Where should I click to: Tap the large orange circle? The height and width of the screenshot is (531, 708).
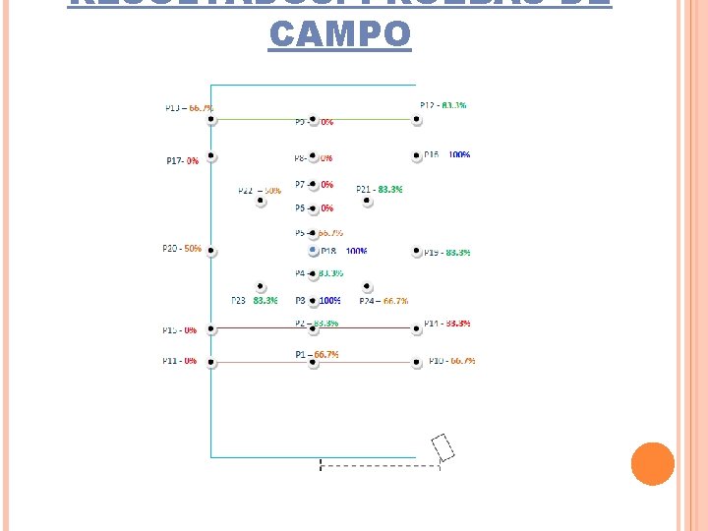pos(652,464)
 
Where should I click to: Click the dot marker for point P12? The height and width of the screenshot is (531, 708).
pos(417,120)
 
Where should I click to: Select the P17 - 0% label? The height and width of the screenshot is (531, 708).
pos(182,160)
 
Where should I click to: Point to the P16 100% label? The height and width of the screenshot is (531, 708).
pos(446,154)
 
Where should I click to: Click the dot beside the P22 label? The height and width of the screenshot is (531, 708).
pos(261,202)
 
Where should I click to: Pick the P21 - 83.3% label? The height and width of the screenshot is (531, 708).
pos(380,189)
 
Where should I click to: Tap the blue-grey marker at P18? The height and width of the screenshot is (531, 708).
pos(313,251)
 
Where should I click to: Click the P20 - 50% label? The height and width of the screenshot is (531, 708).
pos(182,249)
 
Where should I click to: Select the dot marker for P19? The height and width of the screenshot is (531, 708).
pos(417,253)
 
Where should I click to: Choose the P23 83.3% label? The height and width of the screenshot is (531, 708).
pos(255,300)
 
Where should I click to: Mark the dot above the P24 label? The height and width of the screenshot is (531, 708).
pos(367,287)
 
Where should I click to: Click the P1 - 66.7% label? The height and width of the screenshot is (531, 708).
pos(317,353)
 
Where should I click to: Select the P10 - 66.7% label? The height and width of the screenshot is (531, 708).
pos(451,361)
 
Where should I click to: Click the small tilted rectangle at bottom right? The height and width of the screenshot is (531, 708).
pos(443,447)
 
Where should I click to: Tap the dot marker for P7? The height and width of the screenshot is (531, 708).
pos(313,184)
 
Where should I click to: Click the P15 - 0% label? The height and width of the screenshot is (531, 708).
pos(179,330)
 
